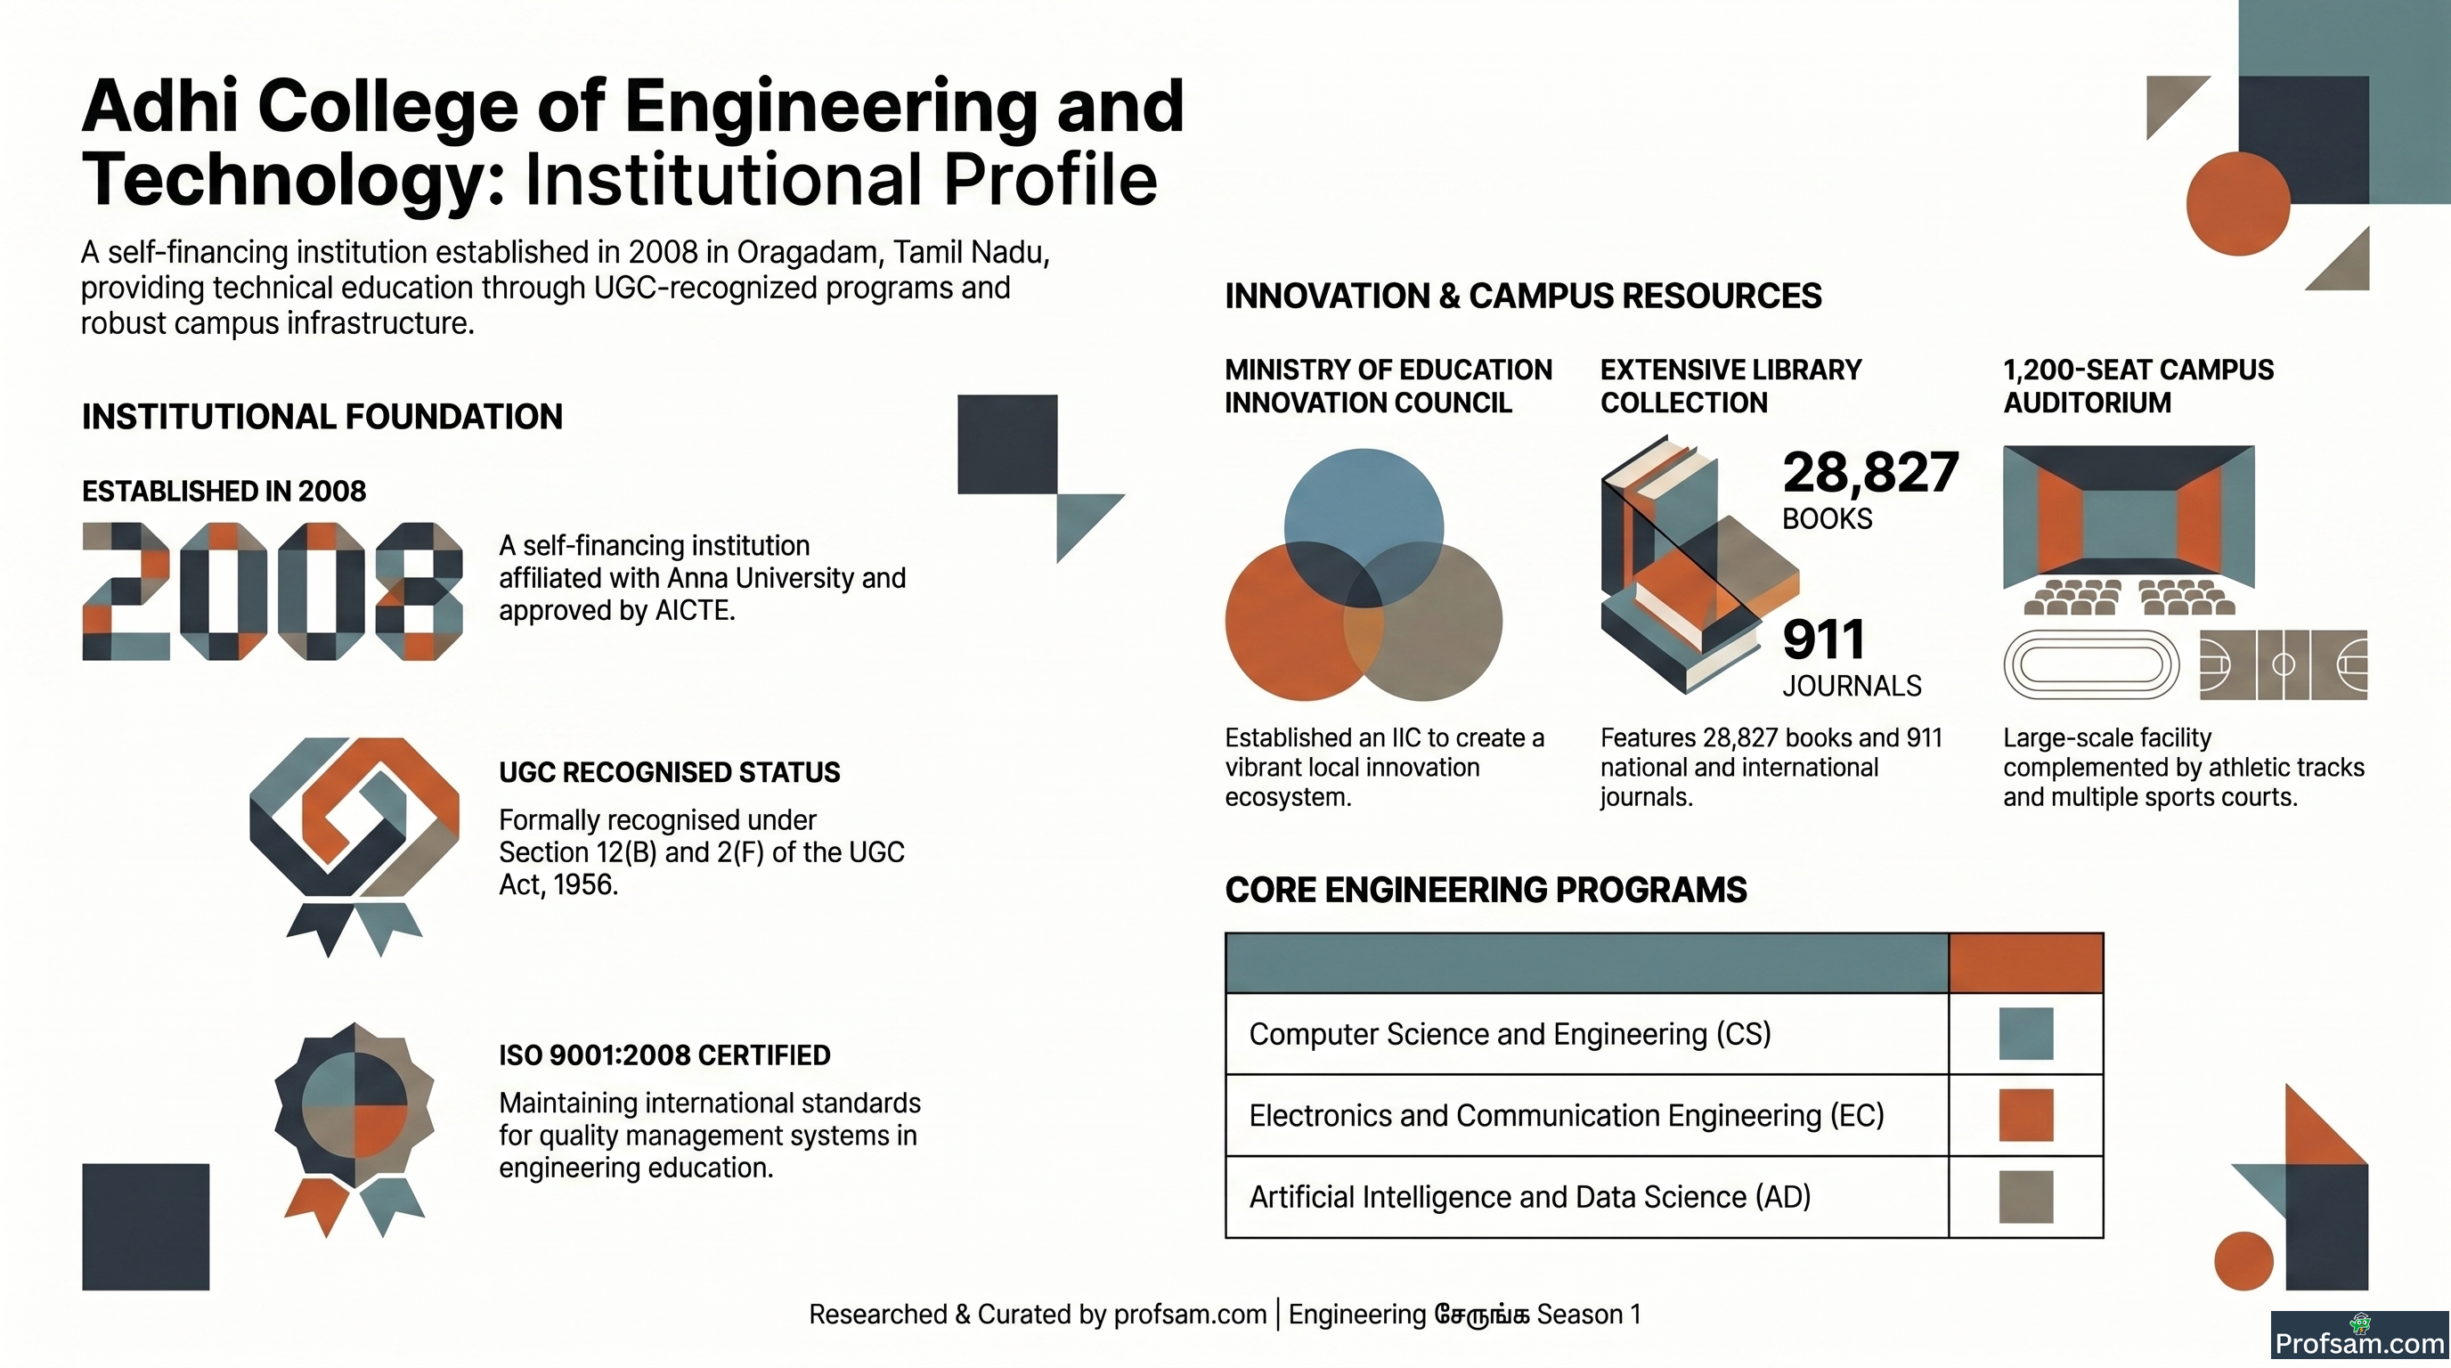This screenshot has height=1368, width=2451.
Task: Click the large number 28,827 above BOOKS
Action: (1869, 473)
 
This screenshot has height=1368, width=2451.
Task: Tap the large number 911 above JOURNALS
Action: (1822, 639)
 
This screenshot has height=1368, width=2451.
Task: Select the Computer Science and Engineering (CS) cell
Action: (1586, 1034)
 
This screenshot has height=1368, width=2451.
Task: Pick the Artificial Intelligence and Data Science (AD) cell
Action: (1586, 1197)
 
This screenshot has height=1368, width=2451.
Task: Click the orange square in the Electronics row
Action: (2025, 1115)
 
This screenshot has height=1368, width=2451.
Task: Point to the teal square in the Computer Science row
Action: (2025, 1034)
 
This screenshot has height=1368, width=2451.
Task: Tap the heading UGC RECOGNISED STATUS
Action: (669, 772)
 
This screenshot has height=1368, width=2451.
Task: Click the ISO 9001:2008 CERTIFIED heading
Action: (664, 1055)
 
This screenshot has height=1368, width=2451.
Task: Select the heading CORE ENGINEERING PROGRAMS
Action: (1486, 891)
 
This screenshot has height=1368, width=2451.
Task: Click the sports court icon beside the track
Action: (2284, 665)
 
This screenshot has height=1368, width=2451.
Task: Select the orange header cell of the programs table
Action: (2025, 964)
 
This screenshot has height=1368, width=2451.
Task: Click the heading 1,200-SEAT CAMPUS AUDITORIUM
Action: (2138, 387)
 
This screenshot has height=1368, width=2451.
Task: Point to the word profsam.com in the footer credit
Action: (1189, 1315)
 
